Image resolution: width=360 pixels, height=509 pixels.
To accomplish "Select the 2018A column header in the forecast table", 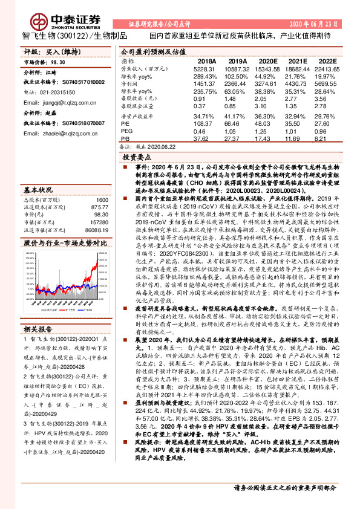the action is [x=206, y=62].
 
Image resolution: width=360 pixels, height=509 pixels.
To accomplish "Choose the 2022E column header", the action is [x=327, y=62].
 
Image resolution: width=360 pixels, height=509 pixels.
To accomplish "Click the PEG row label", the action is [x=126, y=130].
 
